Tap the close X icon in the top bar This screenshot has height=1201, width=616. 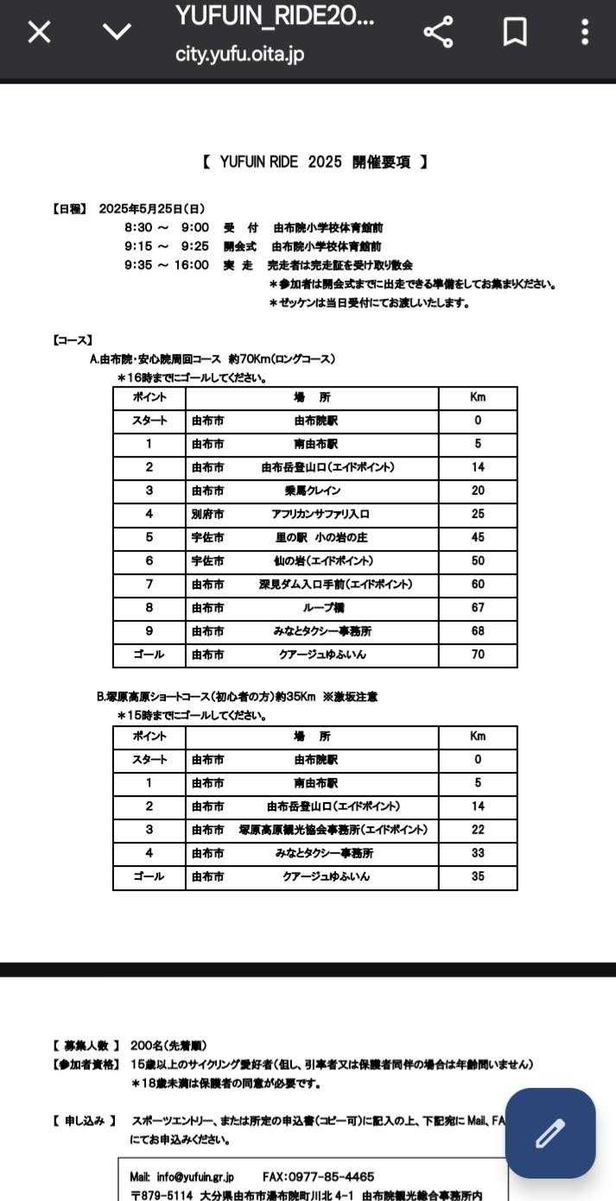click(x=40, y=32)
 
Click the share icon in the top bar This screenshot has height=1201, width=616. click(x=439, y=32)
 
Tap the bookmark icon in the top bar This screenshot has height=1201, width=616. click(x=515, y=32)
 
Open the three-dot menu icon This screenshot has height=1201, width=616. click(x=585, y=32)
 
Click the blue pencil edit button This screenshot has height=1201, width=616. click(x=550, y=1133)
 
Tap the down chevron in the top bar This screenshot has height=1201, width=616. click(x=117, y=32)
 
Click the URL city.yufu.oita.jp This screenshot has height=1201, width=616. click(x=239, y=54)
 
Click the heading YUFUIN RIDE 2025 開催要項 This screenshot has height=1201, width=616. click(x=315, y=162)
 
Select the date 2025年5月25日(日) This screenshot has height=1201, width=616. click(x=152, y=209)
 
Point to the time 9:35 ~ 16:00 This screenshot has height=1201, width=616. click(x=166, y=265)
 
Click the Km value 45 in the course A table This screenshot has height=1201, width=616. click(x=478, y=537)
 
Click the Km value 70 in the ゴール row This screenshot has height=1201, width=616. click(x=478, y=654)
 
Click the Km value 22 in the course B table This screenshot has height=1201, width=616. click(x=478, y=830)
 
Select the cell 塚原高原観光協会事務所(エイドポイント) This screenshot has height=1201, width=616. click(x=333, y=830)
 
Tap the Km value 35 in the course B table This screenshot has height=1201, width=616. click(x=478, y=876)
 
